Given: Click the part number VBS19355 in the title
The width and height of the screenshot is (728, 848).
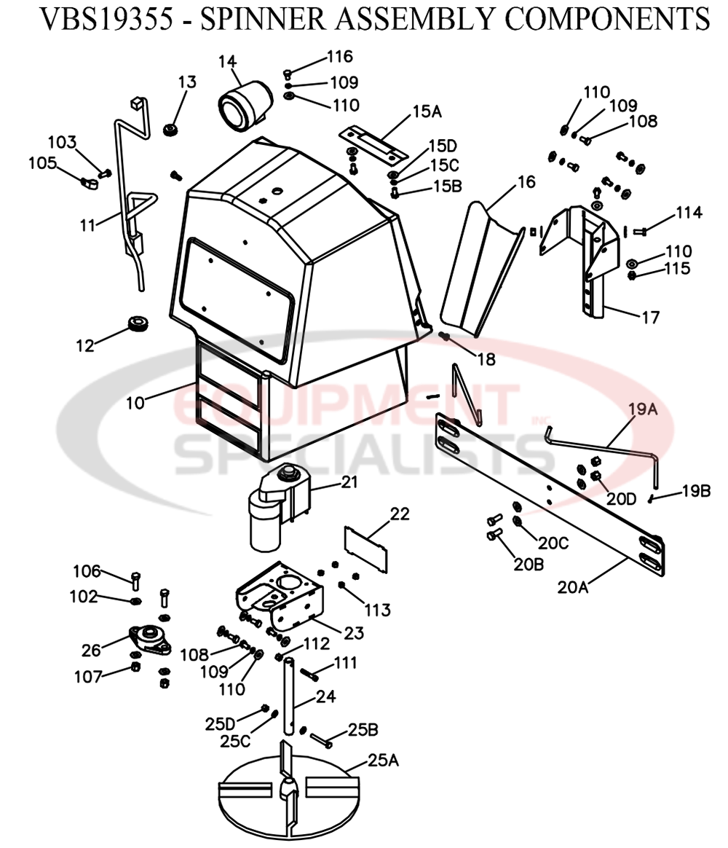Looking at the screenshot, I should point(106,20).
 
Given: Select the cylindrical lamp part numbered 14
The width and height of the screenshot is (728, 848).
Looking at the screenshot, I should point(245,104).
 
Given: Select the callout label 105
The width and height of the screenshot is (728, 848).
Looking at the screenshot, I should point(42,163).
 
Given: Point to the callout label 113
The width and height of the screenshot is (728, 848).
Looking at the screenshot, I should point(377,609).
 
